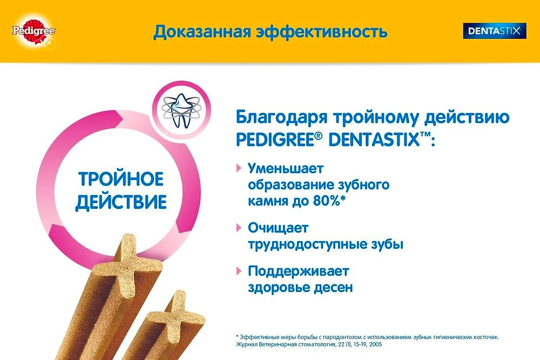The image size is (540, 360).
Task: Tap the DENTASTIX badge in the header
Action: (495, 31)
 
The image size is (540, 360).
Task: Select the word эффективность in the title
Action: (322, 32)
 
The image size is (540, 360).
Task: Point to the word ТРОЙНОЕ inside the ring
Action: (121, 179)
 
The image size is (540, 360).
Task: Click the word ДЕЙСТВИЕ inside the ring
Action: (121, 202)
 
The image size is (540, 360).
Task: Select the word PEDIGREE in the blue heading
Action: (275, 140)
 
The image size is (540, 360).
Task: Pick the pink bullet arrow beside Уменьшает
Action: (239, 168)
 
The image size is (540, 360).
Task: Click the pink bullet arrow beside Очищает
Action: (239, 227)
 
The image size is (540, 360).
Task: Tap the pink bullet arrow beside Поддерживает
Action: (239, 271)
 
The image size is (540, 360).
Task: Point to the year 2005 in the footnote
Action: (376, 344)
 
